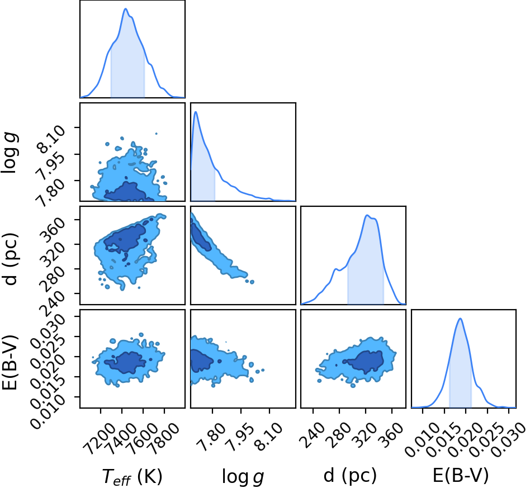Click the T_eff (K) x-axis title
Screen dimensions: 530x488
tap(132, 476)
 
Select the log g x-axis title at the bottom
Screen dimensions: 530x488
tap(243, 477)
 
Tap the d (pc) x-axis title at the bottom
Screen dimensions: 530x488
tap(350, 476)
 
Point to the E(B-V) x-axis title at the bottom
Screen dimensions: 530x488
tap(461, 476)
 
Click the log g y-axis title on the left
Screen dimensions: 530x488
tap(10, 153)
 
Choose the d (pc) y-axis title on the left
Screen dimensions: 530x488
tap(10, 258)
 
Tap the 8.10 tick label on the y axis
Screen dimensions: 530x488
tap(50, 139)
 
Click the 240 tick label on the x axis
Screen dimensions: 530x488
tap(311, 436)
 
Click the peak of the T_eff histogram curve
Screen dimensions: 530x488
tap(126, 8)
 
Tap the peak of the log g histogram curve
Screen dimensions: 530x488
tap(196, 112)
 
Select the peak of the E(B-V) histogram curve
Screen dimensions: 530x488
tap(460, 319)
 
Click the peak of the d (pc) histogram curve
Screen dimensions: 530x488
tap(367, 215)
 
